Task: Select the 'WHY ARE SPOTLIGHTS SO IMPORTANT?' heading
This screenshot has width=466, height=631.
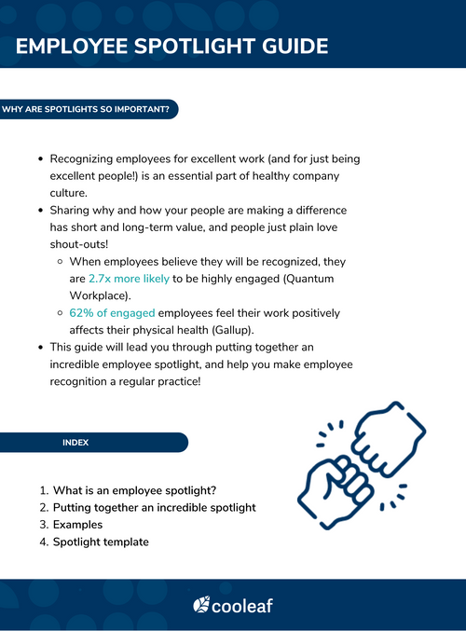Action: click(86, 109)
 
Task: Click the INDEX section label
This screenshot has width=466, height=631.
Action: click(75, 443)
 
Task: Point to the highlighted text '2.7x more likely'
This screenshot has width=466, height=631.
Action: click(129, 279)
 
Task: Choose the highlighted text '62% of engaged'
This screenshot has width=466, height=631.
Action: click(112, 313)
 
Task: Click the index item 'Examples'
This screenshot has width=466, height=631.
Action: click(78, 525)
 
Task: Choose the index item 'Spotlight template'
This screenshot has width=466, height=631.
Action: click(101, 542)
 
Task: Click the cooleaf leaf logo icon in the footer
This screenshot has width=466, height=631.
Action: click(201, 606)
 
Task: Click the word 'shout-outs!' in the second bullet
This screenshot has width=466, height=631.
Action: click(77, 244)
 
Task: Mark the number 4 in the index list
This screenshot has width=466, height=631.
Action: click(43, 542)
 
